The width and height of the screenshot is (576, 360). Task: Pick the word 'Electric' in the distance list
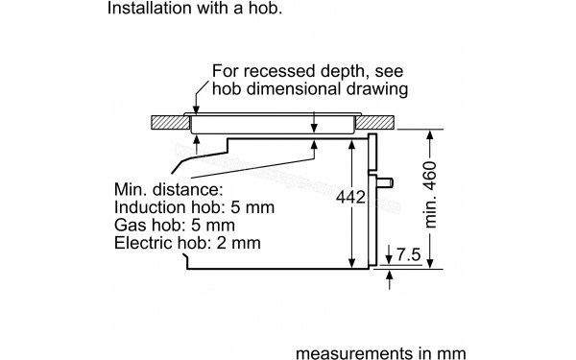[x=143, y=246]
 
